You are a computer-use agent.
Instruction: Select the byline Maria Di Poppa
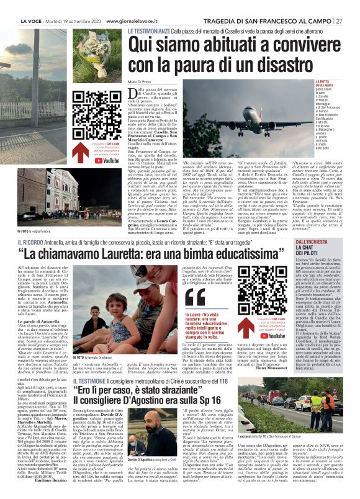coord(142,84)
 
